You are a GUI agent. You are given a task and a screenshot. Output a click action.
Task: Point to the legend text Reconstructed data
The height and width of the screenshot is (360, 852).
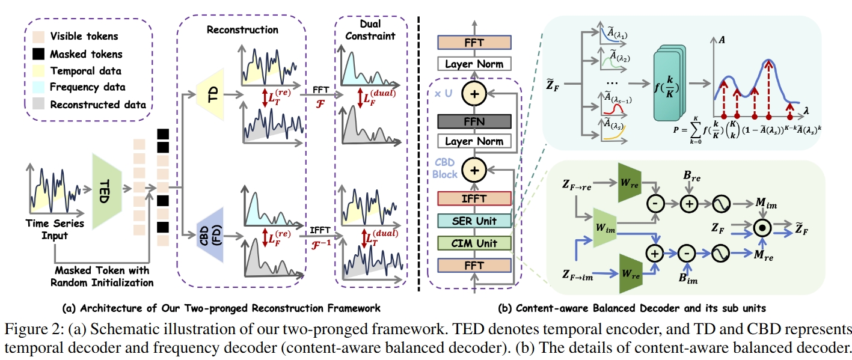pyautogui.click(x=98, y=105)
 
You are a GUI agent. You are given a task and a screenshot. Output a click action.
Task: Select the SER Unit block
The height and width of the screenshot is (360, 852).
pyautogui.click(x=474, y=222)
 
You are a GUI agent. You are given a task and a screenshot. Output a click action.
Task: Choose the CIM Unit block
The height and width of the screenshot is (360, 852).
pyautogui.click(x=474, y=243)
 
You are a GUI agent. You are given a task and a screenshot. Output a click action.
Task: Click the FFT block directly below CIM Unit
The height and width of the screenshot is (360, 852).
pyautogui.click(x=474, y=264)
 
